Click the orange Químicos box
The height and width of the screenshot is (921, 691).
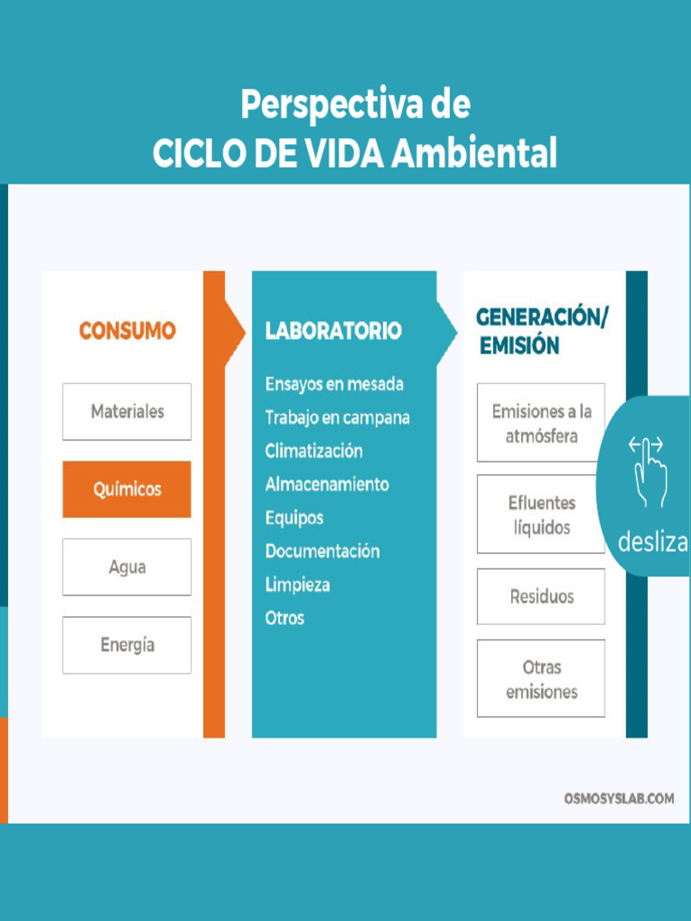tap(127, 489)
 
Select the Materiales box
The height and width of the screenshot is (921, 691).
tap(127, 412)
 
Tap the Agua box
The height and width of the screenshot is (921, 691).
tap(127, 568)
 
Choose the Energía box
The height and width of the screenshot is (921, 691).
tap(127, 645)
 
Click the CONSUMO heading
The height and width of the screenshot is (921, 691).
tap(127, 331)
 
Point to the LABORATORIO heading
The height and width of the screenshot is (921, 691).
tap(333, 331)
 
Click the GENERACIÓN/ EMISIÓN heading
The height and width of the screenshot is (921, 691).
tap(542, 331)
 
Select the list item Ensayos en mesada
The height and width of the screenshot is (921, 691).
tap(334, 384)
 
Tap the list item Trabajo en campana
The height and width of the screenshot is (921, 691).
tap(337, 417)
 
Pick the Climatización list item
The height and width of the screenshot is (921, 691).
tap(313, 451)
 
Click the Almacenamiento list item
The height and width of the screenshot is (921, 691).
tap(327, 484)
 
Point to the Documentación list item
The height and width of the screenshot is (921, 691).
tap(322, 551)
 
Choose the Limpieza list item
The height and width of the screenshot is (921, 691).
tap(297, 585)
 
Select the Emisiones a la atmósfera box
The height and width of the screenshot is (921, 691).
tap(541, 423)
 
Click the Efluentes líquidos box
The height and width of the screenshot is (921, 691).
tap(541, 514)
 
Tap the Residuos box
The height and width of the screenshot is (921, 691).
tap(541, 596)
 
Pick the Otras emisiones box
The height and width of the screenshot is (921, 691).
tap(541, 679)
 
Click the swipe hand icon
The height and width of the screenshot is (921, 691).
tap(648, 469)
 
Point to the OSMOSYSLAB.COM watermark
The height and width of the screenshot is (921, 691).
tap(618, 798)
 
